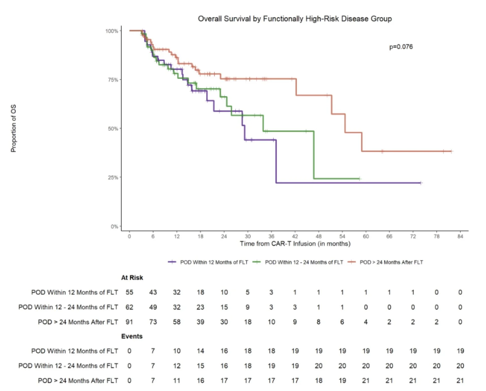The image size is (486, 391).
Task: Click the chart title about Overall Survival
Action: (x=295, y=19)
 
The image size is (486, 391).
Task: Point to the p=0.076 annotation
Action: (x=401, y=47)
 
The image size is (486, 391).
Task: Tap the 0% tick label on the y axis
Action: (x=114, y=226)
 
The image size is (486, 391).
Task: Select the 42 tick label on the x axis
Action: (x=295, y=236)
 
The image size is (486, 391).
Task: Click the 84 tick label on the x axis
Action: (x=460, y=236)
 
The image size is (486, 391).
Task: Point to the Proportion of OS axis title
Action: (x=13, y=128)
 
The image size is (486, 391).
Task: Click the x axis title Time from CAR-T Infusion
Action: (x=295, y=244)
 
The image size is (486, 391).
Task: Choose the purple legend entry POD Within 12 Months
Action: (x=208, y=262)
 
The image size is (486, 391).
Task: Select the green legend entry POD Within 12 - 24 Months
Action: (x=298, y=262)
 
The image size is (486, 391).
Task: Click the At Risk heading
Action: (x=132, y=278)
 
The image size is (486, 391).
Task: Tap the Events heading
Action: (x=132, y=336)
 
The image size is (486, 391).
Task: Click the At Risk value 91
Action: (x=129, y=322)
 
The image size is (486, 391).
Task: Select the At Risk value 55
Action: (x=129, y=292)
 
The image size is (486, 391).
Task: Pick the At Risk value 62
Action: (x=129, y=307)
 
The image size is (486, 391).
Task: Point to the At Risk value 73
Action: (x=153, y=322)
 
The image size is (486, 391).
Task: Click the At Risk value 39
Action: (x=200, y=322)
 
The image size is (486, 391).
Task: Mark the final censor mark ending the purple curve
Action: (x=420, y=183)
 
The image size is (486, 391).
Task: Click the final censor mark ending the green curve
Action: (x=359, y=179)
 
